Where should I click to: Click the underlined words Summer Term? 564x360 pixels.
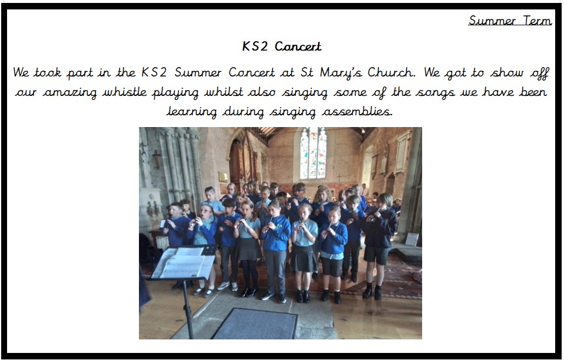click(x=510, y=21)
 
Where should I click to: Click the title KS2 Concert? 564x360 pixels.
click(x=281, y=46)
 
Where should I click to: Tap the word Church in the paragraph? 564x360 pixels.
click(x=392, y=72)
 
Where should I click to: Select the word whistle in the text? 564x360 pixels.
click(x=124, y=92)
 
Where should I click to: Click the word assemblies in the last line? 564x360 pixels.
click(x=357, y=112)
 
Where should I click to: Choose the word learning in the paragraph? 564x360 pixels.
click(x=192, y=112)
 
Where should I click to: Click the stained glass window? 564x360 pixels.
click(x=313, y=153)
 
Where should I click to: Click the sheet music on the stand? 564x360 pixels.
click(x=184, y=263)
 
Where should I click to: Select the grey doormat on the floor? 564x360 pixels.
click(x=255, y=324)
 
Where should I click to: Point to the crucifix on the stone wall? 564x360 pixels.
click(x=157, y=158)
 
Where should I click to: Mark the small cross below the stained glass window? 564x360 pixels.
click(x=339, y=178)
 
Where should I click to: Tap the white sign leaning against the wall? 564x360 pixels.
click(x=412, y=239)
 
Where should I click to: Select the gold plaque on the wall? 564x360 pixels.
click(x=223, y=177)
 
